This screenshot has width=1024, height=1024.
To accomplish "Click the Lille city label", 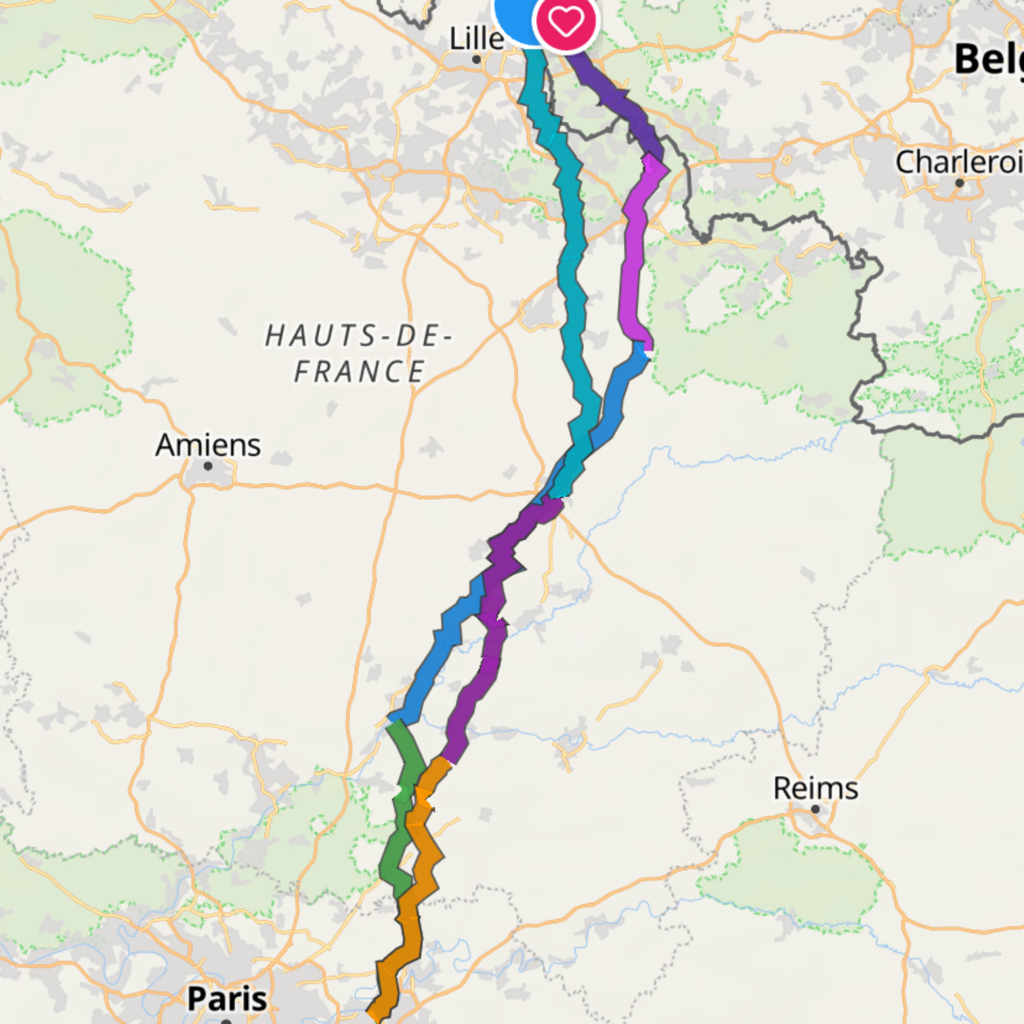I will pos(476,38).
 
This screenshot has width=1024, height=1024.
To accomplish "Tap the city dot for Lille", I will pos(477,60).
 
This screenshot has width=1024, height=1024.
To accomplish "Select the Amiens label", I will pos(208,445).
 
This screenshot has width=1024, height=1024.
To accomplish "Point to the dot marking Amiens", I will pos(208,466).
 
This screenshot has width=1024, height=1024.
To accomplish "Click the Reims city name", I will pos(815,788).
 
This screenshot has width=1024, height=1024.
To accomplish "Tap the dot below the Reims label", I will pos(815,809).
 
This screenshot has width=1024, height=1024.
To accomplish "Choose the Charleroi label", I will pos(958,162).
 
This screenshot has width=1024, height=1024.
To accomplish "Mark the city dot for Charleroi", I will pos(959,183).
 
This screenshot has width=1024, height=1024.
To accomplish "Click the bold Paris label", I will pos(226,998).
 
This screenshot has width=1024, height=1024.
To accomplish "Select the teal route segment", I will pos(572,271).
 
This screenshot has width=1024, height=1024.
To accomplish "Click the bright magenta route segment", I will pos(634,271).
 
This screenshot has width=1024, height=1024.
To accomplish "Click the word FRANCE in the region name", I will pos(359,372).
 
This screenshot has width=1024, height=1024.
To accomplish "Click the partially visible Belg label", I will pos(989,60).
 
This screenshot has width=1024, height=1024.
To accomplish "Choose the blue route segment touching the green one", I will pos(433,657).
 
